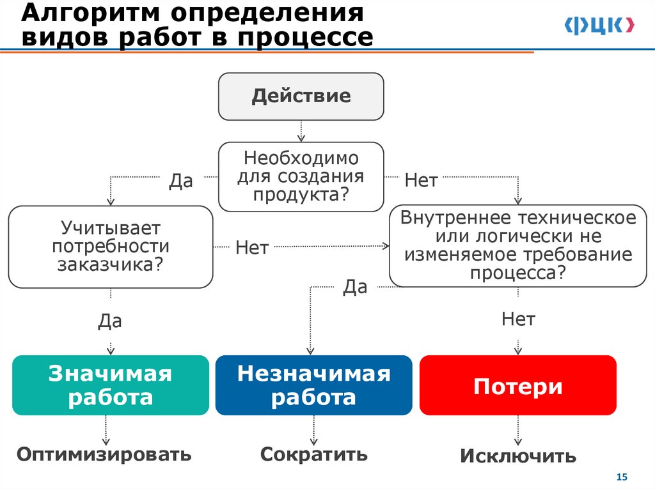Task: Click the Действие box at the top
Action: pos(301,96)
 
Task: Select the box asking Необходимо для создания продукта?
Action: pos(301,176)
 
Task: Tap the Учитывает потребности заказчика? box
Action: pos(110,247)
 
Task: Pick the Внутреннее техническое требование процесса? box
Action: pos(518,246)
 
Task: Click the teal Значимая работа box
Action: pos(110,385)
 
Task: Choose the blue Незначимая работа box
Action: pos(313,385)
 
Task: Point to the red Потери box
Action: pos(518,386)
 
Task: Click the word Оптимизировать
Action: pos(104,454)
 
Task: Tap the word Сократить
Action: pos(313,454)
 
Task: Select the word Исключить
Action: pos(518,456)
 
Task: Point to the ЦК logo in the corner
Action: pos(599,26)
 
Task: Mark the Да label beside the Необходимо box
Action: pos(180,181)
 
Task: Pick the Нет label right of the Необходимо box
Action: pos(421,181)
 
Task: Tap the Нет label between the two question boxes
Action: pos(251,247)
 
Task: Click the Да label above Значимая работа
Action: pos(110,320)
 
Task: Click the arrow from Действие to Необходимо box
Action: pos(301,131)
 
